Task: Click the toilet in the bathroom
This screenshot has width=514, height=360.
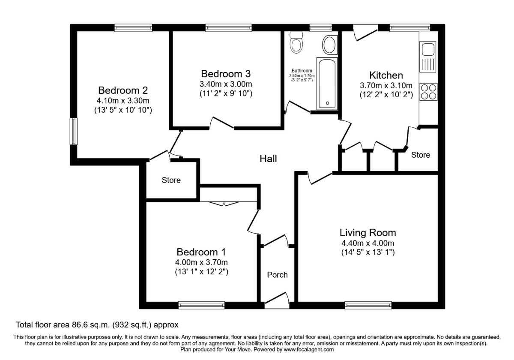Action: (x=296, y=42)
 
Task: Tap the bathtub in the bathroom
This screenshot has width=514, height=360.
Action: (x=327, y=82)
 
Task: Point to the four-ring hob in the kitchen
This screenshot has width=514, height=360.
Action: (x=428, y=91)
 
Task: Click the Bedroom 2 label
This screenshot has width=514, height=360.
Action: (x=123, y=90)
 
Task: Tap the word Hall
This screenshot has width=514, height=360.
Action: (x=268, y=159)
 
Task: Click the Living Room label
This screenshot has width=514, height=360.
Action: (x=368, y=233)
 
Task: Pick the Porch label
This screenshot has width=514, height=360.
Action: (x=277, y=275)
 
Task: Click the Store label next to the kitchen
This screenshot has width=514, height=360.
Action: (x=420, y=155)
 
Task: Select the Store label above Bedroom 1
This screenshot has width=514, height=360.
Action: (x=171, y=180)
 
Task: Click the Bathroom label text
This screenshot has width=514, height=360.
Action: (x=302, y=71)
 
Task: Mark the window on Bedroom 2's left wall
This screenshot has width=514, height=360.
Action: (x=74, y=132)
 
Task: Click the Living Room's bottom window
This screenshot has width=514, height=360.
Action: (x=368, y=305)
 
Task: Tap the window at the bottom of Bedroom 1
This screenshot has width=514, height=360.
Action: (x=201, y=305)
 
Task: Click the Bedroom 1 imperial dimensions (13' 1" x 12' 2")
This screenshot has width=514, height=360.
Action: (x=201, y=271)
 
